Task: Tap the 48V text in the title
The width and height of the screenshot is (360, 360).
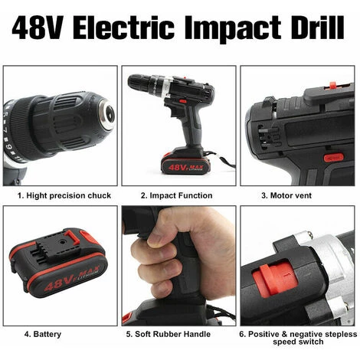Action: pyautogui.click(x=38, y=28)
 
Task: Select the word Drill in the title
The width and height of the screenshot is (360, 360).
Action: pyautogui.click(x=317, y=28)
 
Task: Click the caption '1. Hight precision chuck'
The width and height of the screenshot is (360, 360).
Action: pyautogui.click(x=64, y=196)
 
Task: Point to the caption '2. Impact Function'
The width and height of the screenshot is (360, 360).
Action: pyautogui.click(x=176, y=195)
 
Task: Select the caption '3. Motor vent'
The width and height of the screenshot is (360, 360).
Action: pyautogui.click(x=286, y=195)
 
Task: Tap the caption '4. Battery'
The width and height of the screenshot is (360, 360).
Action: pyautogui.click(x=43, y=334)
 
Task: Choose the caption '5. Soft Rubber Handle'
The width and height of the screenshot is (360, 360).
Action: pyautogui.click(x=169, y=334)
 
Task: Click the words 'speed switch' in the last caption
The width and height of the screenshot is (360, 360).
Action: pyautogui.click(x=298, y=342)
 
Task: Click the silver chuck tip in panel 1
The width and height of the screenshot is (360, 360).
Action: pyautogui.click(x=107, y=114)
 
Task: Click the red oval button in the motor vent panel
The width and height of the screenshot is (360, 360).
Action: pyautogui.click(x=333, y=158)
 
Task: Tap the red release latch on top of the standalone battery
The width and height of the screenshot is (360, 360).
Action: pyautogui.click(x=71, y=236)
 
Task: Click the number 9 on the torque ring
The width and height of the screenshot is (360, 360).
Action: pyautogui.click(x=6, y=146)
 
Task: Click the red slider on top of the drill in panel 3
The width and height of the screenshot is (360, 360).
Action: pyautogui.click(x=332, y=85)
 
